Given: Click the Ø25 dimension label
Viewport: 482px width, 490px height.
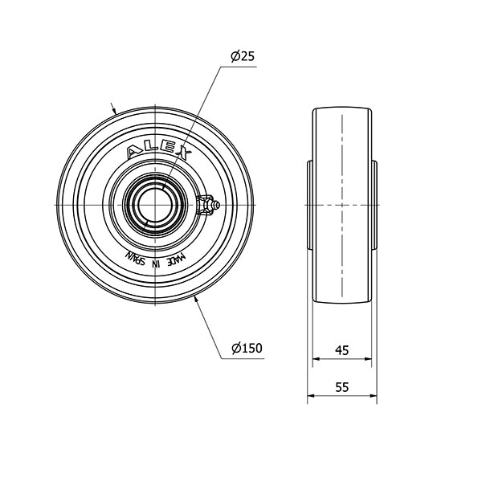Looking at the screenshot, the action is (243, 56).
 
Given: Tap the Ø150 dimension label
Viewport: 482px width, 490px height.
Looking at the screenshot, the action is (247, 348).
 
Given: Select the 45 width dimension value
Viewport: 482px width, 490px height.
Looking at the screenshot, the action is (341, 350).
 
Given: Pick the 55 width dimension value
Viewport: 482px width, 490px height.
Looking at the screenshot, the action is (341, 387).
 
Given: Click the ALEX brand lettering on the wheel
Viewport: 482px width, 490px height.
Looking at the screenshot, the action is (159, 152).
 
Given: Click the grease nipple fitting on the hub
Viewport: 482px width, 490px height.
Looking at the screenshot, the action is (207, 205).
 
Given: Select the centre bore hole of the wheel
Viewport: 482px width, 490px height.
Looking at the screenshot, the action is (155, 205).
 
